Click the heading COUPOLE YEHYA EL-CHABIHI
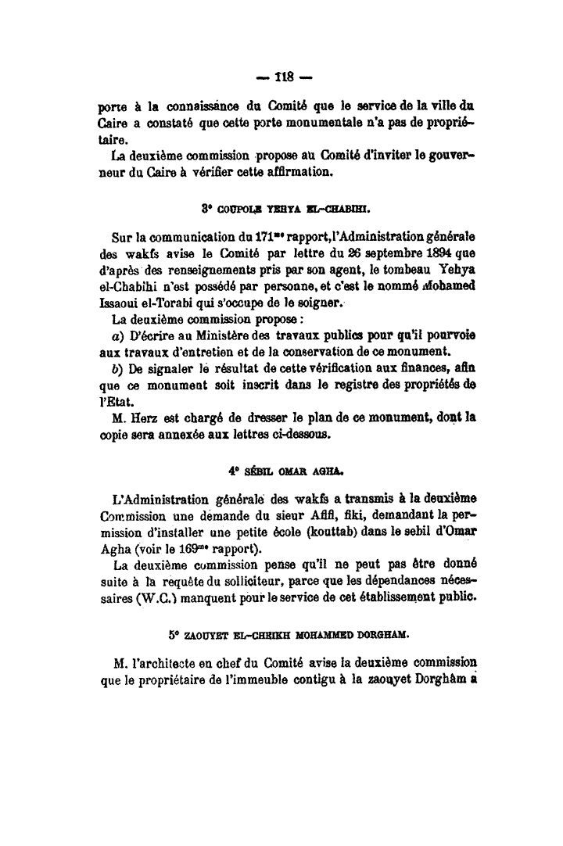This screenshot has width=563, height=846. [x=285, y=210]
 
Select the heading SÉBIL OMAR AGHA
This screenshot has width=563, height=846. [x=285, y=472]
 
